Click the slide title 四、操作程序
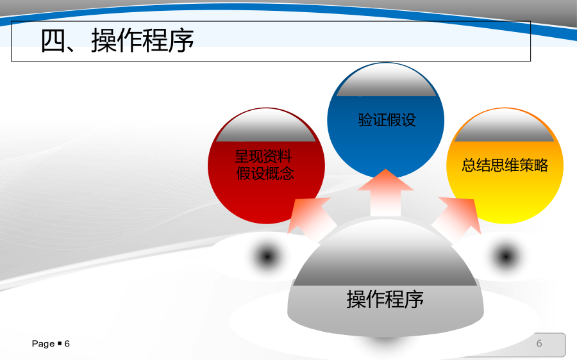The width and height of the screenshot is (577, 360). [117, 40]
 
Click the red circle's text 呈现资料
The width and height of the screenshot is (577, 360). [263, 156]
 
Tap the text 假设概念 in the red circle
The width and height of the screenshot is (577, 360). [265, 173]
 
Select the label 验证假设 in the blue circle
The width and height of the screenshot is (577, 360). [387, 120]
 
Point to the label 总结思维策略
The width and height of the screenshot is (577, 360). [505, 165]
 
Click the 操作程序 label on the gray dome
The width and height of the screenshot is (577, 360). [385, 299]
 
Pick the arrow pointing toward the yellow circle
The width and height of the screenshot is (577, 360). [458, 218]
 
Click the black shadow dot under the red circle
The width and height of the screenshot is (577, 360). [267, 256]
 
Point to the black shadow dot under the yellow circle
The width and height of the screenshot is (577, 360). [506, 256]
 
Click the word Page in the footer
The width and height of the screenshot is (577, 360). [43, 344]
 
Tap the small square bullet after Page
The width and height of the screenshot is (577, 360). [60, 343]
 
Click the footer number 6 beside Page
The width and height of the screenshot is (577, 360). [67, 343]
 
